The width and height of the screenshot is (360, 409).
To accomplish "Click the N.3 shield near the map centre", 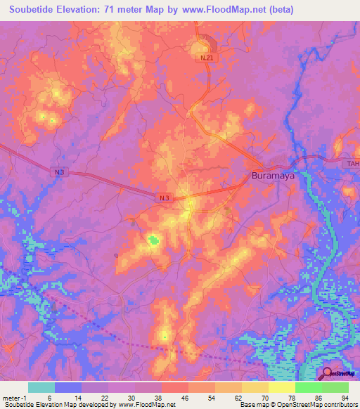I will [x=164, y=199].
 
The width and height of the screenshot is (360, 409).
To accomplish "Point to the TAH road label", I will [x=352, y=164].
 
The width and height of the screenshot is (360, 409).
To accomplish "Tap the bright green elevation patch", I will [x=153, y=241].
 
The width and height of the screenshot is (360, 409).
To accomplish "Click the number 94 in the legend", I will [x=345, y=398].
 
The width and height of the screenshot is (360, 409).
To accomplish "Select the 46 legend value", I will [x=184, y=398].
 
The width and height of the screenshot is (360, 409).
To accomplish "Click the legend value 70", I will [x=264, y=398].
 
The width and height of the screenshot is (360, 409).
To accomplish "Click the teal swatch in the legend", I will [x=41, y=387].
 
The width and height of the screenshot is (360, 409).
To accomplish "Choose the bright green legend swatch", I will [x=308, y=387].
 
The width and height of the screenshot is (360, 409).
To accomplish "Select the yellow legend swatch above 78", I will [x=281, y=387].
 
